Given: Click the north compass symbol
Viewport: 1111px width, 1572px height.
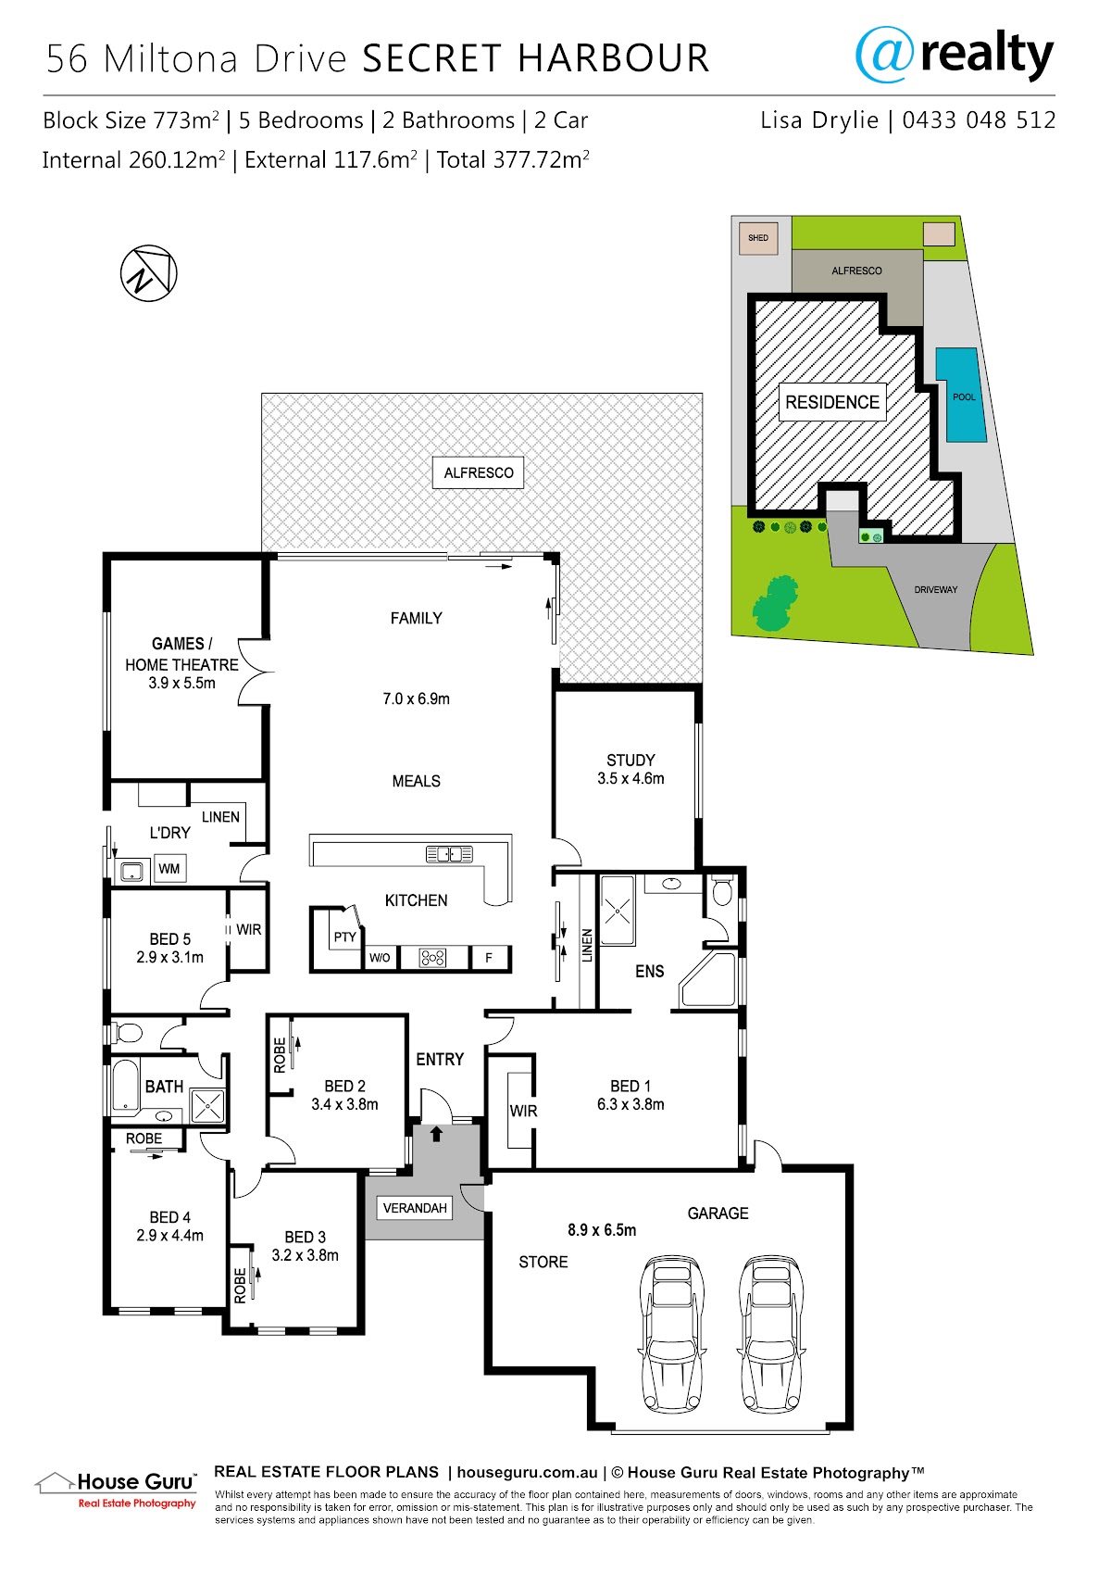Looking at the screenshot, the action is (x=149, y=273).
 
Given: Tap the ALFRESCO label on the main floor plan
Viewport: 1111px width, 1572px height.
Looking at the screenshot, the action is (x=479, y=473).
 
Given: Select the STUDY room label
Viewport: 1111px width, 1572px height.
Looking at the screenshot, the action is (x=630, y=760).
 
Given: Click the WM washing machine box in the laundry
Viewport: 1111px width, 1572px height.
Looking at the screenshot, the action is (x=169, y=869).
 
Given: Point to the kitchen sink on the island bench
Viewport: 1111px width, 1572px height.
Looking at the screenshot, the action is (x=449, y=854).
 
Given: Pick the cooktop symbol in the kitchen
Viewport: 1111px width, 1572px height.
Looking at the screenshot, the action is (x=432, y=957).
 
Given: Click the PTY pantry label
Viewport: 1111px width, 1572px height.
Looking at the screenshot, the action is (x=344, y=937).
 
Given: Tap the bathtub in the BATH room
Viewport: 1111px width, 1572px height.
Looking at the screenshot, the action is (x=126, y=1084).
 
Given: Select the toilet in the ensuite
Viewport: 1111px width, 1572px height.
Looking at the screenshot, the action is (x=722, y=891).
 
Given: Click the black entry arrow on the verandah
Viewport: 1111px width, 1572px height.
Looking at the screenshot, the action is (x=436, y=1134).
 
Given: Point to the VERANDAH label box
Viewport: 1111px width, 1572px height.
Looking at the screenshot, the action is (x=415, y=1208).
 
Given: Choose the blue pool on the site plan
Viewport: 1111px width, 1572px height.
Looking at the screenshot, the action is (x=960, y=395).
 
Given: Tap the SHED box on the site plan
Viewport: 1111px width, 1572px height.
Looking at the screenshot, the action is (x=758, y=238).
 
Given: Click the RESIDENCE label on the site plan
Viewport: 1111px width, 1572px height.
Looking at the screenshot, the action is (x=831, y=402).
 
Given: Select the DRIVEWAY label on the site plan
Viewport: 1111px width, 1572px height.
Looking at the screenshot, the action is (x=936, y=589).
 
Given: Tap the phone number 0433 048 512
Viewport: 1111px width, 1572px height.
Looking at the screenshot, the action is (x=979, y=120).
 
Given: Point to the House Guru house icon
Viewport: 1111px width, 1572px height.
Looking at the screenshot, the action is (x=55, y=1481).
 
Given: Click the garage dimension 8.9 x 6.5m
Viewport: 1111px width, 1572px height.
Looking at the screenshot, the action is (x=602, y=1229).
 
